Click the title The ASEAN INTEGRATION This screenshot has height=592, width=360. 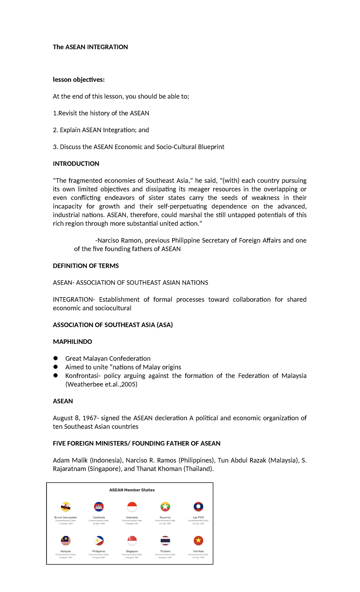(90, 47)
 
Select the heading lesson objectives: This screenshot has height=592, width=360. (79, 80)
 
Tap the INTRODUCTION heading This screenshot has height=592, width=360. (76, 164)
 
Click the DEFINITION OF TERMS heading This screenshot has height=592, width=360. (86, 266)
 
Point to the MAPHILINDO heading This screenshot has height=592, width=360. (72, 342)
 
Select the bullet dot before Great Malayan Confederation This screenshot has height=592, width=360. (55, 358)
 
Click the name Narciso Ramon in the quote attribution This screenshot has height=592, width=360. (119, 241)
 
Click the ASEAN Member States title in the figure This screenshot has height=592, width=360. (132, 490)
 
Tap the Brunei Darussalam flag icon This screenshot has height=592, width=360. (66, 507)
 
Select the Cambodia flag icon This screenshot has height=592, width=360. (99, 507)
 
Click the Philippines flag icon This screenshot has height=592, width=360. (99, 541)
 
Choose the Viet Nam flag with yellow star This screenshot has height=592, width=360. (198, 541)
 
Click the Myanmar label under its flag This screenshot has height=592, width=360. (165, 517)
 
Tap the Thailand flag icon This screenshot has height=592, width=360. (165, 541)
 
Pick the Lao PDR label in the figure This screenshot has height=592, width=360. (198, 517)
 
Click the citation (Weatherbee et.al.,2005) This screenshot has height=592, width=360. (101, 384)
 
